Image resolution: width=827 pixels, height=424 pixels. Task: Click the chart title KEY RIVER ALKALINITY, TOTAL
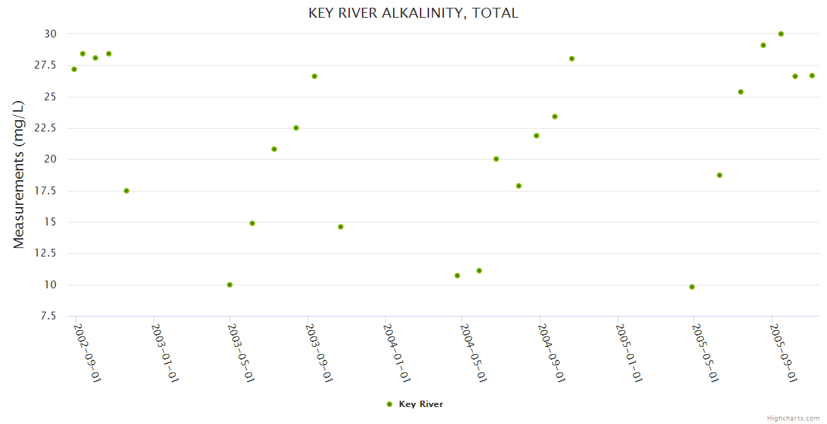413,13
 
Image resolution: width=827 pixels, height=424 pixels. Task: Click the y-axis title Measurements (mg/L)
19,175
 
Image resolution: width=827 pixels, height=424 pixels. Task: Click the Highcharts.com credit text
793,418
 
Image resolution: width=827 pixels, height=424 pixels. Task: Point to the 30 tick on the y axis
50,34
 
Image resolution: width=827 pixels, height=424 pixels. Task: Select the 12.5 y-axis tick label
47,254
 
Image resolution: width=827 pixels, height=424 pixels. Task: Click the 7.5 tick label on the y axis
49,316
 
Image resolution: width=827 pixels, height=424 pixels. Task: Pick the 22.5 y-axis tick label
47,128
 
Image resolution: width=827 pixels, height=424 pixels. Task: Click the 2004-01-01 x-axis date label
396,353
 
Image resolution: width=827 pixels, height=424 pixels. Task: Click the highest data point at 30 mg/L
781,34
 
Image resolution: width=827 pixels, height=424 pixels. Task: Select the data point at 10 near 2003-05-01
230,285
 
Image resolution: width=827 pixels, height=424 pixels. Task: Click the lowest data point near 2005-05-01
692,287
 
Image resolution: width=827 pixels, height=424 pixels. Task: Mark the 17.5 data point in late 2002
127,191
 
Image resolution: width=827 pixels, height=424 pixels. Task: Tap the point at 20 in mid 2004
496,159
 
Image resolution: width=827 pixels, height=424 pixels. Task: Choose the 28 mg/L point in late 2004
572,59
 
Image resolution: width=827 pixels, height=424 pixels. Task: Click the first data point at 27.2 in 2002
74,69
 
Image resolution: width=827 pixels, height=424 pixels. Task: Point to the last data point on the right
812,76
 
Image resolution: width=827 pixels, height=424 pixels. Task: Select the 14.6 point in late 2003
341,227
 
